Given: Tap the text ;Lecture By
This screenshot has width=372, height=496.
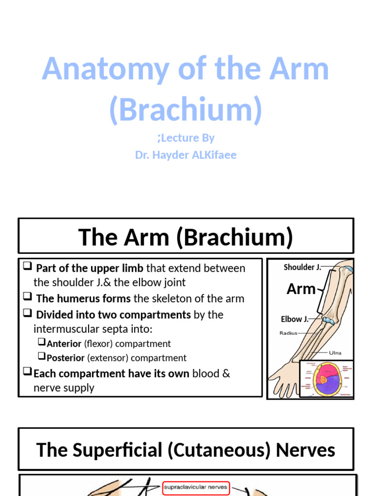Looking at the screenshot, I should point(186,138).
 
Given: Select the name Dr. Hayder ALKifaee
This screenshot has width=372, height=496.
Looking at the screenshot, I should point(186,155).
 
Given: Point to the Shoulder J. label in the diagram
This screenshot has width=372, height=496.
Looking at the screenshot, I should point(302,267).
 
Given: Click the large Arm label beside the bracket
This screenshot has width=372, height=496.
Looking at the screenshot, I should point(301,289).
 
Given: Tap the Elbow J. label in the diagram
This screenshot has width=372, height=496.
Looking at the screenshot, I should point(294,319).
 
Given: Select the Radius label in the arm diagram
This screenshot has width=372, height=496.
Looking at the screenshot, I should point(288,333).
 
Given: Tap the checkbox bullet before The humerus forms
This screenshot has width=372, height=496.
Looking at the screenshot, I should point(28,298).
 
